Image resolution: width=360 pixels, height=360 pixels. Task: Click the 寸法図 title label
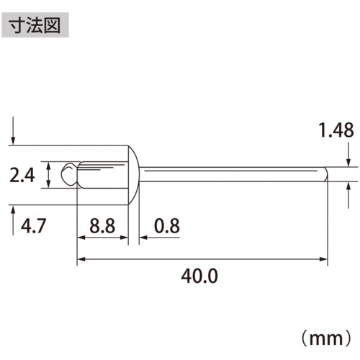(35, 25)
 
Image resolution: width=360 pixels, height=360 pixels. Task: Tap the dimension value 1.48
(336, 130)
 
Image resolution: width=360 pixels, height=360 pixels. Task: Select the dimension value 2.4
(22, 175)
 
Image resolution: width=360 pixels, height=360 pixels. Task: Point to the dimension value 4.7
(33, 226)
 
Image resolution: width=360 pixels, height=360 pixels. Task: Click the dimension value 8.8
(102, 226)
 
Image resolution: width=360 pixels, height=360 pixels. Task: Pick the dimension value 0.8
(167, 226)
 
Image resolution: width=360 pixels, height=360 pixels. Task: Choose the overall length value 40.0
(199, 276)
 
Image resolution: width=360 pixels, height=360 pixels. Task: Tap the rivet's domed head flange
(133, 175)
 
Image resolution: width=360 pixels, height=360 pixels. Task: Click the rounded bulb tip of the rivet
(69, 174)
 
